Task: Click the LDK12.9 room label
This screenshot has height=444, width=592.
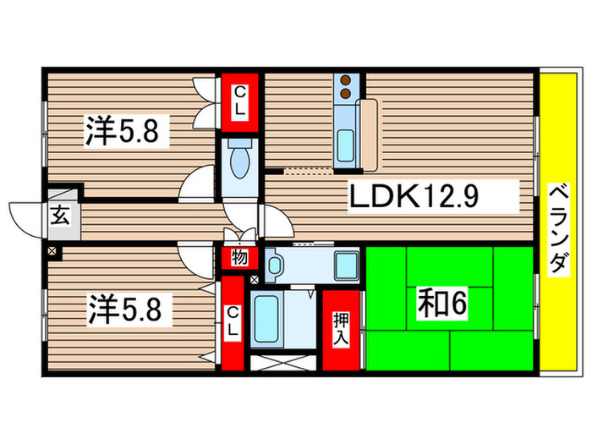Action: click(415, 200)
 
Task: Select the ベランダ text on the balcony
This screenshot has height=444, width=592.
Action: click(557, 227)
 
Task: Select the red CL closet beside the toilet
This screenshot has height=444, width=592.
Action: click(240, 101)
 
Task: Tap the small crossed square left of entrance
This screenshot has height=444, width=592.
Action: click(53, 251)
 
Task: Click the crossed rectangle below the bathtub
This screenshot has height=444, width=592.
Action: click(285, 365)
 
